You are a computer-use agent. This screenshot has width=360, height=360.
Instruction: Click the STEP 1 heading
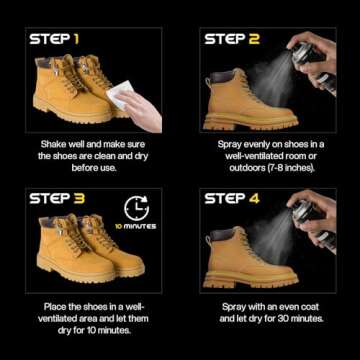[x=55, y=39]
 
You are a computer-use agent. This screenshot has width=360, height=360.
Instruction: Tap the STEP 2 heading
[x=232, y=39]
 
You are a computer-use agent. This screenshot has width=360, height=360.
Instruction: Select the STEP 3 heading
[x=56, y=198]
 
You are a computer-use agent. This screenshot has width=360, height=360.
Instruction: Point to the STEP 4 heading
[x=233, y=198]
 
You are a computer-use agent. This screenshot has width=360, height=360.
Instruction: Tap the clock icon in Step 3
[x=136, y=208]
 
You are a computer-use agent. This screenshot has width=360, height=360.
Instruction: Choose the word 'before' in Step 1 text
[x=76, y=169]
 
